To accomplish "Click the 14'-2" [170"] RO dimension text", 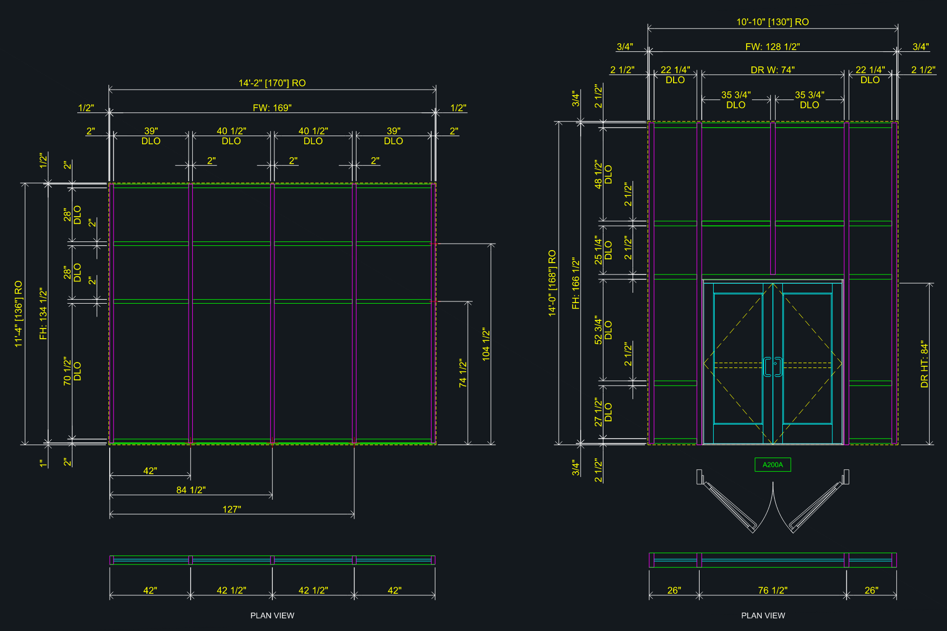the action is (272, 83).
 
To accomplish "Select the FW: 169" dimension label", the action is (272, 108).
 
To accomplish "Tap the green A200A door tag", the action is (773, 465).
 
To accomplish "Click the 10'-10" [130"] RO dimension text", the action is (773, 22).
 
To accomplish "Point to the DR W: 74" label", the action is (773, 70).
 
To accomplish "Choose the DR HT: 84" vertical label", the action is (924, 364).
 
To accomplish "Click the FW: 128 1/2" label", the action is (773, 47).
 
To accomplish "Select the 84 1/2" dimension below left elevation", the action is (191, 490).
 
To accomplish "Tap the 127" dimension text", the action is (232, 509).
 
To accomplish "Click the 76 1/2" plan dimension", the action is (773, 590).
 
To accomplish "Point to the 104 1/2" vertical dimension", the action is (486, 344).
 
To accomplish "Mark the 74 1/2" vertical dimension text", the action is (462, 373).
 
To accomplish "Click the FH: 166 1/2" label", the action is (576, 284).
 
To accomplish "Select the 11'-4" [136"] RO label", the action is (18, 314).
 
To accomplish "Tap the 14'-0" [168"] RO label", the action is (552, 283).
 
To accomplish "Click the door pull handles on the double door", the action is (773, 367).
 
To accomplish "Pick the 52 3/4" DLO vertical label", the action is (603, 330).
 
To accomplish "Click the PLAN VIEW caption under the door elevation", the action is (763, 615).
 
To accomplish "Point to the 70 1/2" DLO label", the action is (72, 371).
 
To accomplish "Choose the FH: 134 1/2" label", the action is (43, 314).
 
